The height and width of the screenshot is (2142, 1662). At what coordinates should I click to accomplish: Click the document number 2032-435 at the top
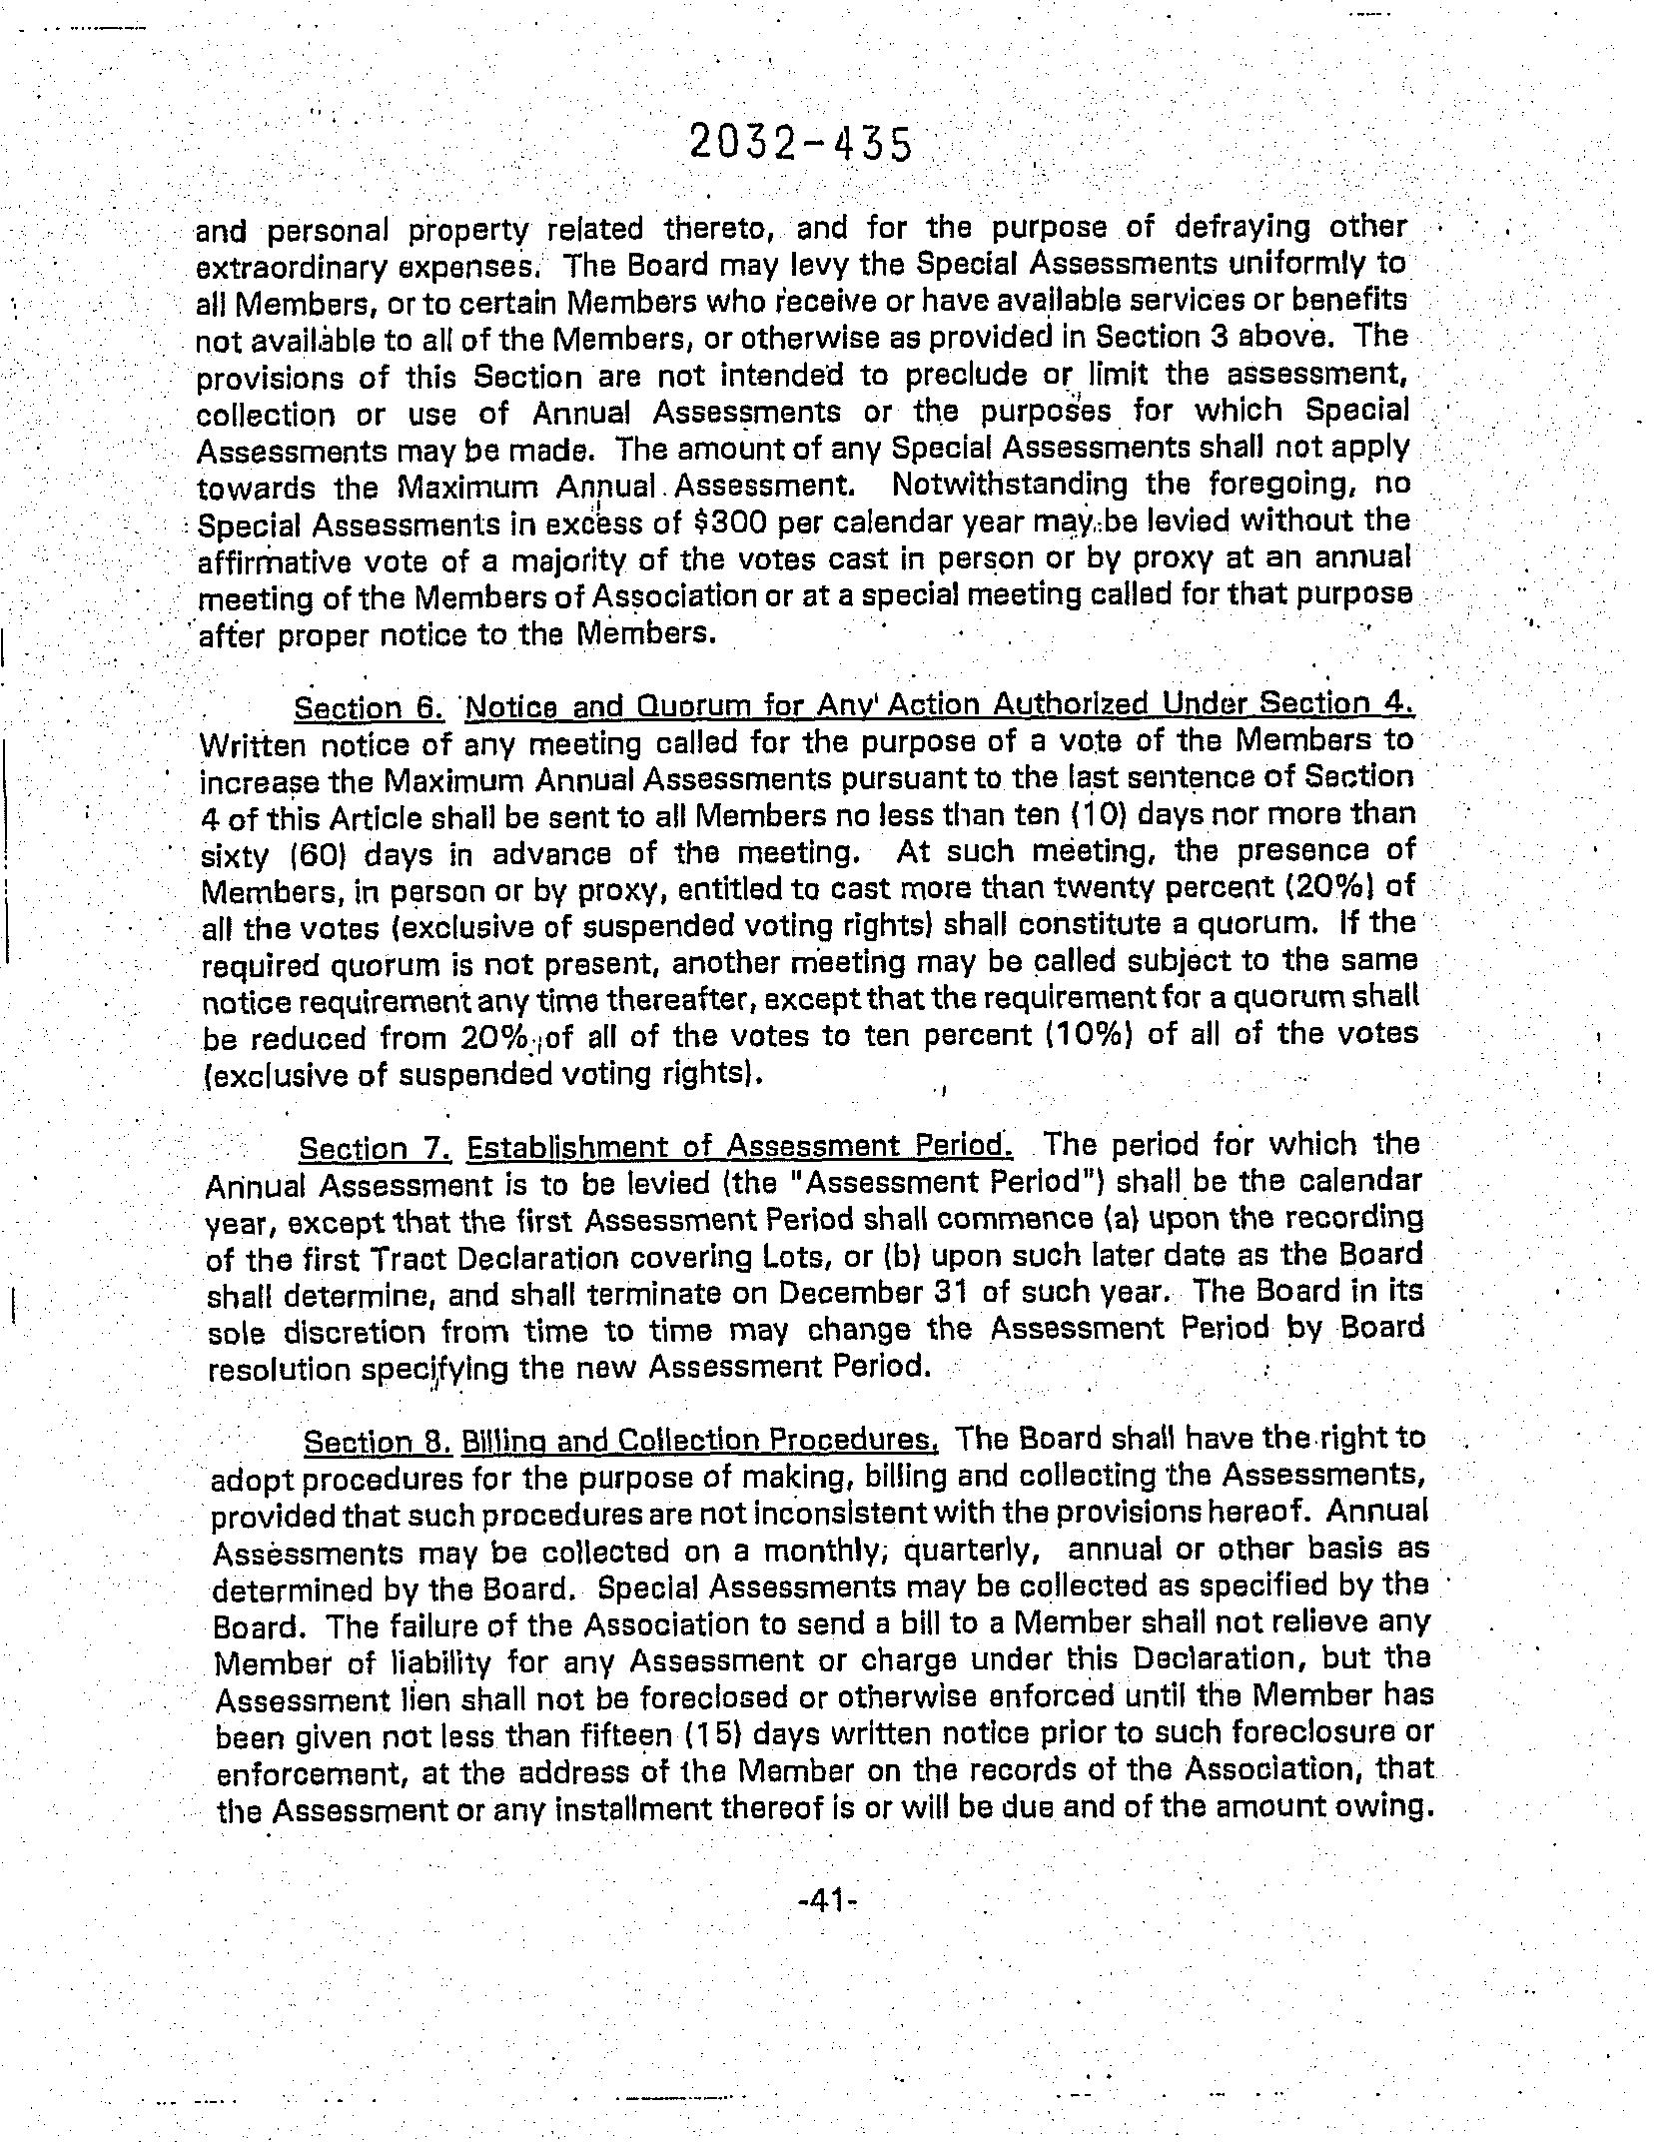pyautogui.click(x=800, y=146)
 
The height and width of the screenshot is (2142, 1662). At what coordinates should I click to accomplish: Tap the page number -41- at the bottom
pyautogui.click(x=828, y=1899)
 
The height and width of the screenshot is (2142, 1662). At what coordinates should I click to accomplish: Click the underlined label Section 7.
pyautogui.click(x=376, y=1147)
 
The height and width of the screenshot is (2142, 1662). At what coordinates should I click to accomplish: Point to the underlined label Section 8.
pyautogui.click(x=379, y=1441)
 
